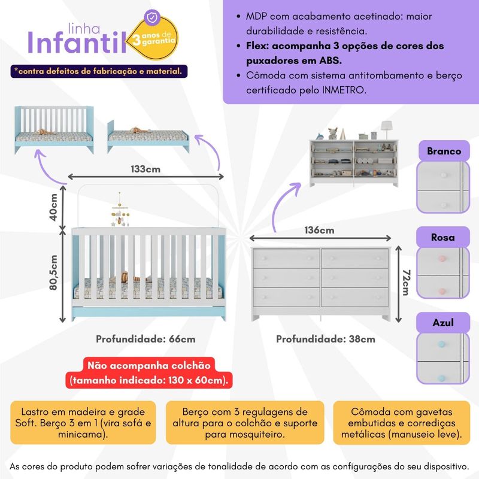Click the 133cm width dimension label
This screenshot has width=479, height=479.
145,169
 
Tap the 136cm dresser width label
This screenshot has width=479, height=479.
319,230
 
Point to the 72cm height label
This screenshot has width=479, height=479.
406,283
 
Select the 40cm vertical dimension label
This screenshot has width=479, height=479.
53,207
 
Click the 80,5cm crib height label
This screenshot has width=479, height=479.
53,272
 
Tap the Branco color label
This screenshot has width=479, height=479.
444,151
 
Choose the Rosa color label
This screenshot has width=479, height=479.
443,237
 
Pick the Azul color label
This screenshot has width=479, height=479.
443,323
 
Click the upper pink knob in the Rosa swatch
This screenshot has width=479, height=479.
442,259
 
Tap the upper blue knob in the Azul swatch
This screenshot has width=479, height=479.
441,344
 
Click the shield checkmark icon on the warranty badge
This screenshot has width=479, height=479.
151,17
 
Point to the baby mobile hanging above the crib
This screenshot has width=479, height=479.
120,210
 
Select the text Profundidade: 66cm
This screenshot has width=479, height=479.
145,339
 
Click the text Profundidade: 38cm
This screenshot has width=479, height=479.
326,339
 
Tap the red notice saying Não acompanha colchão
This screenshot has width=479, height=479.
149,373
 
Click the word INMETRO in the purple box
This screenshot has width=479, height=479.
344,90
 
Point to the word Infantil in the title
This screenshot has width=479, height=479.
77,43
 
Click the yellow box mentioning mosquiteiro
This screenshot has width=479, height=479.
245,423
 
